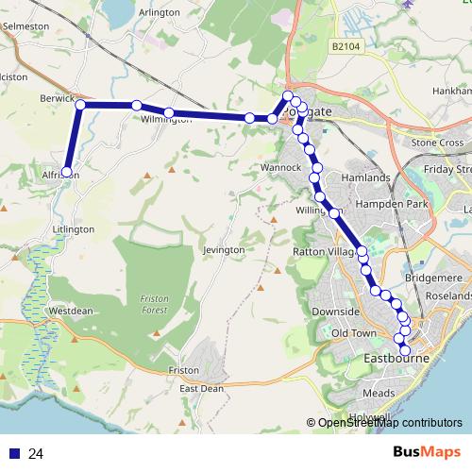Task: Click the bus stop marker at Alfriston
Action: tap(66, 173)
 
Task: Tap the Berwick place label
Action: tap(57, 97)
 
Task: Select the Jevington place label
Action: tap(223, 249)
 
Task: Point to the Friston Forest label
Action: tap(153, 305)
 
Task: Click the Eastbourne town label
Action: tap(396, 359)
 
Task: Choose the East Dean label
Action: tap(201, 388)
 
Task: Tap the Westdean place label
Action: tap(71, 310)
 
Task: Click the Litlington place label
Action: tap(74, 229)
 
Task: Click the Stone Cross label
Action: tap(437, 143)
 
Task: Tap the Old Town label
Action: tap(354, 333)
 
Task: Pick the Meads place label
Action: tap(379, 393)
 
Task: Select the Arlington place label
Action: tap(158, 12)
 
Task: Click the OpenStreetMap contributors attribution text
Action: tap(389, 423)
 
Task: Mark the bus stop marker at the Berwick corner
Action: tap(81, 105)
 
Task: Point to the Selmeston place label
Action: tap(25, 27)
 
